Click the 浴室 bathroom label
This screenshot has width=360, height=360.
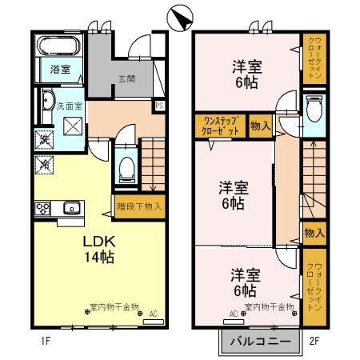coord(60,69)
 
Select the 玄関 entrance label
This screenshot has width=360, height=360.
coord(126,78)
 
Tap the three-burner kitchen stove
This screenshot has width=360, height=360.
coord(42,210)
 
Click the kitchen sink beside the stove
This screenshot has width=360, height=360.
coord(70,209)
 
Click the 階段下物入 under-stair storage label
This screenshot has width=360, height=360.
coord(138,206)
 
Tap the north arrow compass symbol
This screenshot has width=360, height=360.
coord(182,16)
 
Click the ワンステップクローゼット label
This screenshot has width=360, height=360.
coord(220,125)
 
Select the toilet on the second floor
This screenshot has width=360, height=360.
coord(313,105)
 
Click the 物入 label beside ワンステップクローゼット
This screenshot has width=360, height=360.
coord(260,125)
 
